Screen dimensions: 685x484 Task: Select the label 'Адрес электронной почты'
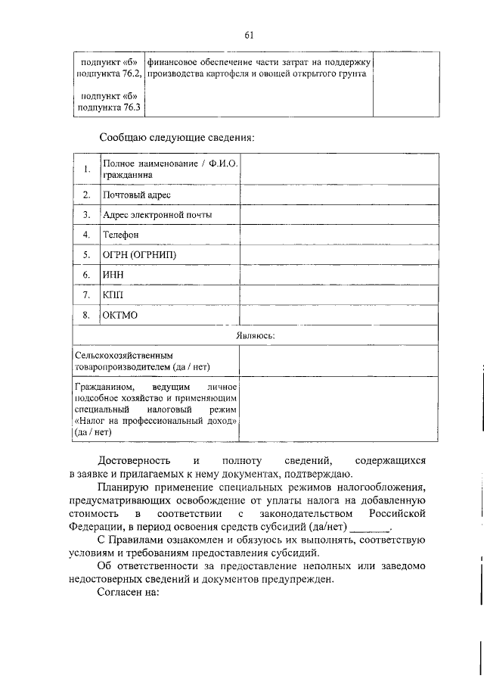[157, 215]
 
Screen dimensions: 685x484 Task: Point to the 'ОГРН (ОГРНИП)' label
[139, 254]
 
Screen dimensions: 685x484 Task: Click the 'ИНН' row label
[113, 274]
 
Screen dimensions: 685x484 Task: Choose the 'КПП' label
[113, 294]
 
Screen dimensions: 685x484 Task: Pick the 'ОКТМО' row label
[120, 314]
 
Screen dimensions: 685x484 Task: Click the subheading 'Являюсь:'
[256, 334]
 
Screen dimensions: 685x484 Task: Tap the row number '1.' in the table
[88, 169]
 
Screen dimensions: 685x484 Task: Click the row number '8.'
[88, 314]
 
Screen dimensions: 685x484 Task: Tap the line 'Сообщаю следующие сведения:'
[176, 138]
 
